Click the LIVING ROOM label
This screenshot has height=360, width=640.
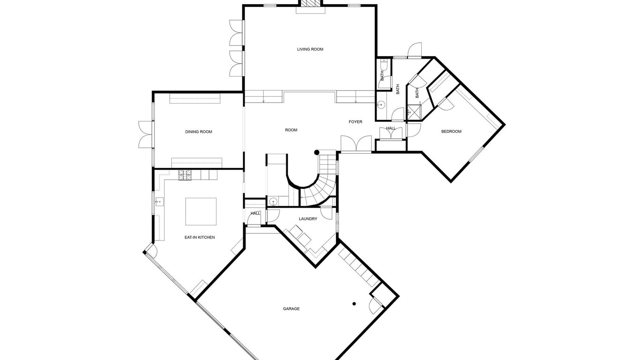click(310, 49)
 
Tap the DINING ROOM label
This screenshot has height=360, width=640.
click(199, 132)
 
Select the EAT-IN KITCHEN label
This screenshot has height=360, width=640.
click(200, 237)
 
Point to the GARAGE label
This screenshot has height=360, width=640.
click(291, 309)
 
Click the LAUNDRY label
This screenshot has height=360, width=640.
click(308, 219)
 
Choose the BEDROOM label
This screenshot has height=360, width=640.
click(452, 132)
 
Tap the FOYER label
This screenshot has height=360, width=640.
click(356, 122)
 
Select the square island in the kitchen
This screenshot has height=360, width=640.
click(201, 211)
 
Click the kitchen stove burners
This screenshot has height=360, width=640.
click(185, 175)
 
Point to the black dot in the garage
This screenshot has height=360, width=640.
click(354, 304)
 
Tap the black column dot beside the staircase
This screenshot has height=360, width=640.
click(317, 152)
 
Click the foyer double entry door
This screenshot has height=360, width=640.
click(356, 144)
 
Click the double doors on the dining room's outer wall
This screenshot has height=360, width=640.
click(146, 135)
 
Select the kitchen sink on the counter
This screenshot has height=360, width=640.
click(159, 202)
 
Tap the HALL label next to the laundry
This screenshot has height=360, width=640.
click(255, 213)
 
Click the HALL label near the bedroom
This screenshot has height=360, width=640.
click(391, 128)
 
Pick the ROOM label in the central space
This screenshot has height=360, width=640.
click(291, 130)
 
